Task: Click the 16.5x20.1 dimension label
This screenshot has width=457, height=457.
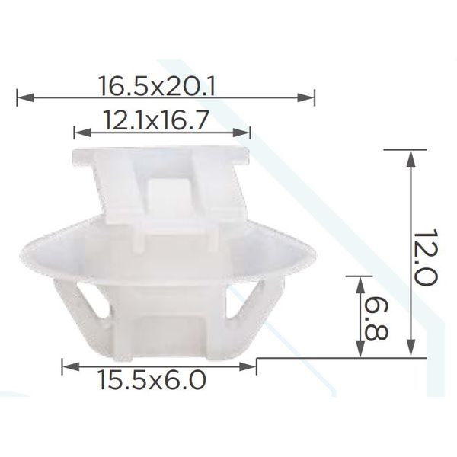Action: [x=157, y=85]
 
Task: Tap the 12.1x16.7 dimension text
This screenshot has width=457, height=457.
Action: [x=157, y=120]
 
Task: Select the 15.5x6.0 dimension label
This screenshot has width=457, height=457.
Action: [x=152, y=380]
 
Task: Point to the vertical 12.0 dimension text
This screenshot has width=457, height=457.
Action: [x=426, y=257]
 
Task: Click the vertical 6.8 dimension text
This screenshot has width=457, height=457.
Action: [x=377, y=319]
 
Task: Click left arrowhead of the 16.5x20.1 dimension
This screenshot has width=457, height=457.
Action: [x=26, y=98]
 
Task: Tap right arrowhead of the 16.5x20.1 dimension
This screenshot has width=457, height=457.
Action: [x=305, y=98]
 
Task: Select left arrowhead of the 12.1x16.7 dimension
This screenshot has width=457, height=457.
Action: [x=83, y=133]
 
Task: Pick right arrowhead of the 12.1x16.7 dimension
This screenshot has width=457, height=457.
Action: [x=241, y=133]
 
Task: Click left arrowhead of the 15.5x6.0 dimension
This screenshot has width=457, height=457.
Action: [x=71, y=366]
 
